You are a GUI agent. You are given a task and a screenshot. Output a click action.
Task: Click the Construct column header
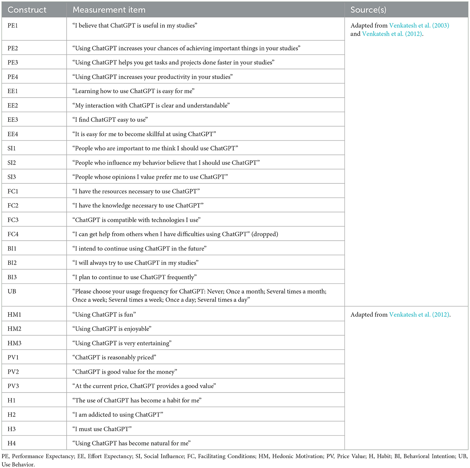(x=27, y=10)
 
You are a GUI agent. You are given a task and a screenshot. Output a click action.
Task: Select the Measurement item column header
(x=109, y=10)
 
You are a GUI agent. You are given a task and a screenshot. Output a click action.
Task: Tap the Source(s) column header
(x=368, y=10)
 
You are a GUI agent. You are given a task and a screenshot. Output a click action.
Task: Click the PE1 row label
(x=13, y=26)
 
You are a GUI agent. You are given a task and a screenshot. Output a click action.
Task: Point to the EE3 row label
(x=13, y=120)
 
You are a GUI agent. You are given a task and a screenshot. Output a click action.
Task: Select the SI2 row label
(x=12, y=163)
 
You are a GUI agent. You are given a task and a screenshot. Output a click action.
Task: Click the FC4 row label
(x=13, y=234)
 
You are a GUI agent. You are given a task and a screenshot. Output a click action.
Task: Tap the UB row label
(x=12, y=292)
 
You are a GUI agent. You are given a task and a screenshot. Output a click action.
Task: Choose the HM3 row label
(x=14, y=343)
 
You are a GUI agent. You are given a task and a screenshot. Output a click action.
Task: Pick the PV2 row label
(x=13, y=372)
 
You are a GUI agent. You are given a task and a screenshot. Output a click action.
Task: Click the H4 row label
(x=12, y=443)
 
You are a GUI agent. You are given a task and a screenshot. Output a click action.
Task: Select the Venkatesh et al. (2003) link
(x=419, y=26)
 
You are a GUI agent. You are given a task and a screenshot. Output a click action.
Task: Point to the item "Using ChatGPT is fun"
(x=104, y=314)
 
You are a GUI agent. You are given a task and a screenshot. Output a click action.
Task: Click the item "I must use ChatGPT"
(x=102, y=429)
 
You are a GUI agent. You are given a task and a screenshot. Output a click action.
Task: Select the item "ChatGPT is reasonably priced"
(x=114, y=357)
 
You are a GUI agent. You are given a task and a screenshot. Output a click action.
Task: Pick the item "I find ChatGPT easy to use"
(x=110, y=120)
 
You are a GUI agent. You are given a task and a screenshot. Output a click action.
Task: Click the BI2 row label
(x=12, y=263)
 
